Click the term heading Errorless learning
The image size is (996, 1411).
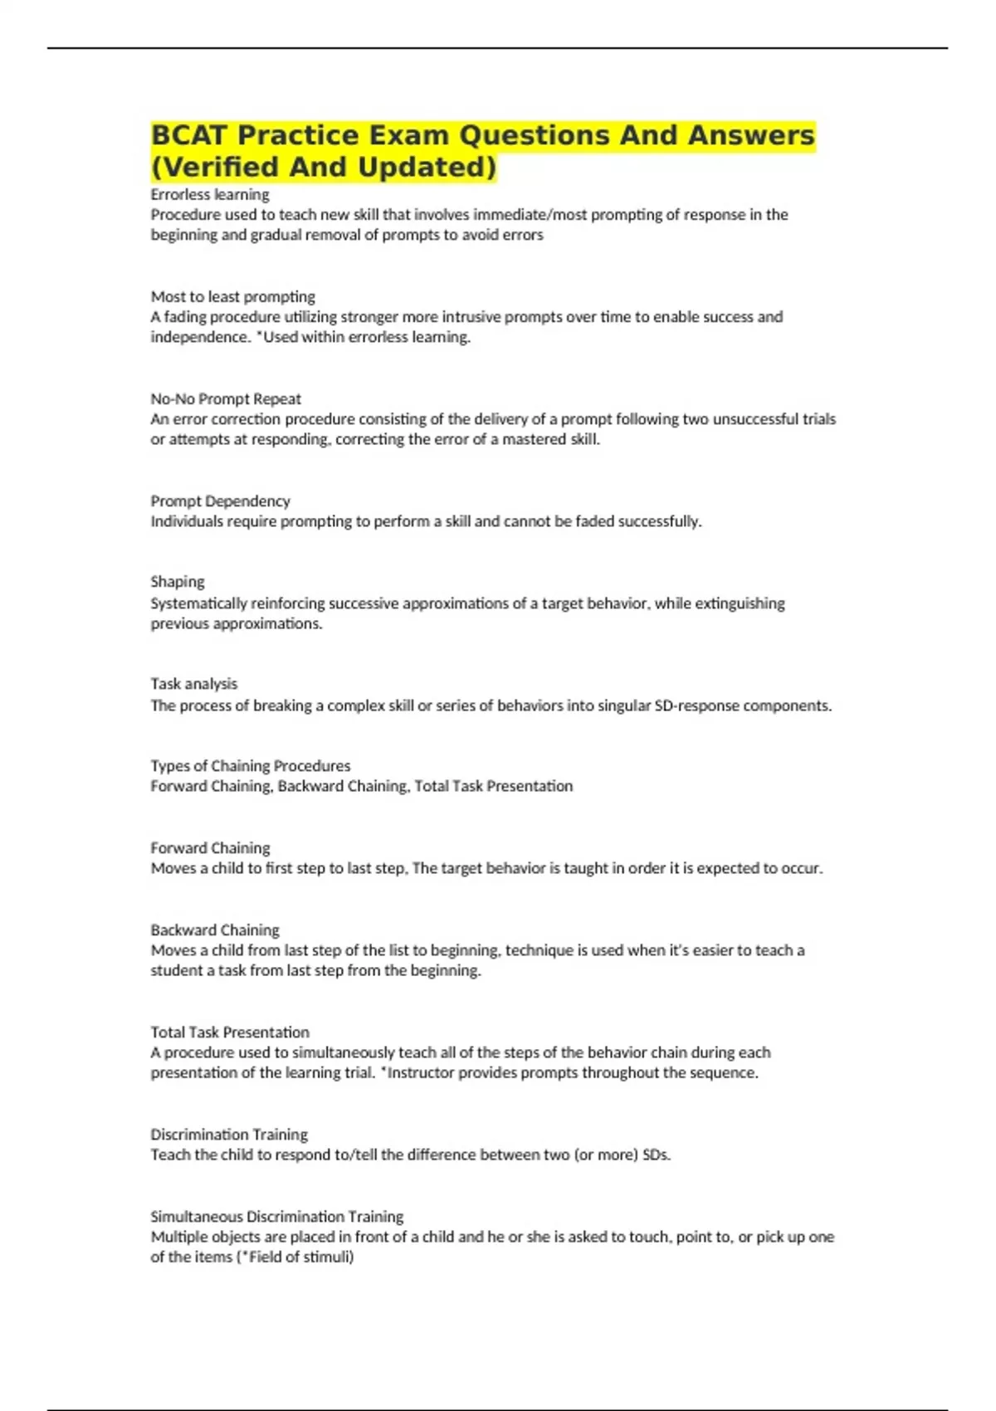(210, 194)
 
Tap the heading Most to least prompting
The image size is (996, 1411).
(232, 296)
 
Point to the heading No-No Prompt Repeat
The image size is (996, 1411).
(226, 398)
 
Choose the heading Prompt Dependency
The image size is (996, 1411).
(220, 500)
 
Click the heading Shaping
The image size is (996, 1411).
(177, 581)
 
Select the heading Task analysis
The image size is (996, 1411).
(193, 683)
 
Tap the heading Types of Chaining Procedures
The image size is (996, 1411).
(250, 765)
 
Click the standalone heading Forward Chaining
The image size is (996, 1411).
(210, 847)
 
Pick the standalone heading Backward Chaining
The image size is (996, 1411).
(215, 930)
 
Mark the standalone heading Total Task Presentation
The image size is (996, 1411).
(230, 1032)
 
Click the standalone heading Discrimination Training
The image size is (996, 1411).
(229, 1134)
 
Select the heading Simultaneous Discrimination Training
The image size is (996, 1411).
(276, 1216)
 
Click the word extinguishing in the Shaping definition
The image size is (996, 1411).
(740, 603)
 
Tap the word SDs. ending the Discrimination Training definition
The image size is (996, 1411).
(657, 1155)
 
